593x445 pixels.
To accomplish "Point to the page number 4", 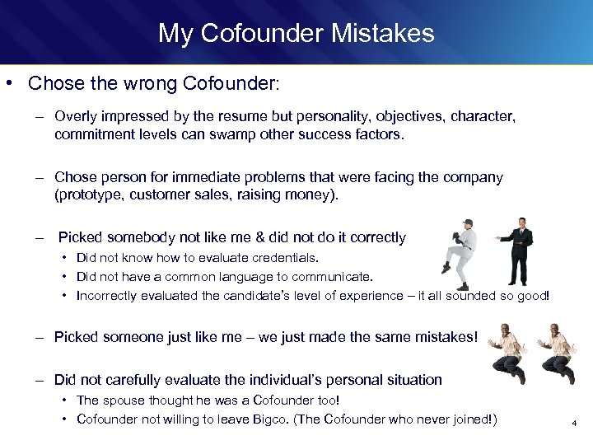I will click(x=574, y=424).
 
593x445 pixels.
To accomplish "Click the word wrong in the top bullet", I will click(x=146, y=83).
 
